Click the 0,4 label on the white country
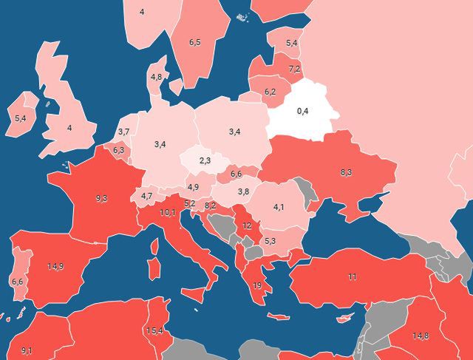tap(302, 111)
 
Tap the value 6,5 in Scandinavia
tap(195, 43)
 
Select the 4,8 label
tap(156, 77)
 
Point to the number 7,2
tap(294, 69)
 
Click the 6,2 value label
tap(270, 92)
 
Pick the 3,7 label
tap(124, 132)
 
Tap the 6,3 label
tap(118, 150)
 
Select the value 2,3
tap(205, 160)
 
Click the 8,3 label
tap(346, 172)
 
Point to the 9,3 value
tap(101, 198)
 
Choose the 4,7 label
tap(146, 196)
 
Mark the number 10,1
tap(168, 213)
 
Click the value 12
tap(247, 225)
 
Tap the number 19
tap(256, 285)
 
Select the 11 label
tap(353, 276)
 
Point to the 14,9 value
tap(55, 266)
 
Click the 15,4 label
tap(154, 330)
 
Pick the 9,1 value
tap(27, 350)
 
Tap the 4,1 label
tap(279, 207)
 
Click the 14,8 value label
tap(421, 336)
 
